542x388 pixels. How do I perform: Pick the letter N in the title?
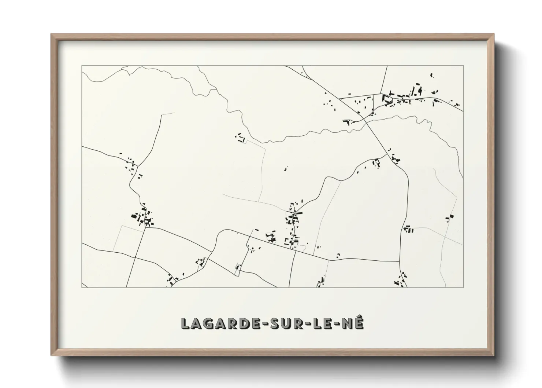[x=348, y=323]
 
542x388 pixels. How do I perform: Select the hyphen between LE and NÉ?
[x=337, y=324]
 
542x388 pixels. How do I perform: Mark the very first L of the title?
[x=186, y=323]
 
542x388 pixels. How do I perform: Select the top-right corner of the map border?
[x=463, y=66]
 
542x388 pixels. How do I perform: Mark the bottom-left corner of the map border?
[x=82, y=287]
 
